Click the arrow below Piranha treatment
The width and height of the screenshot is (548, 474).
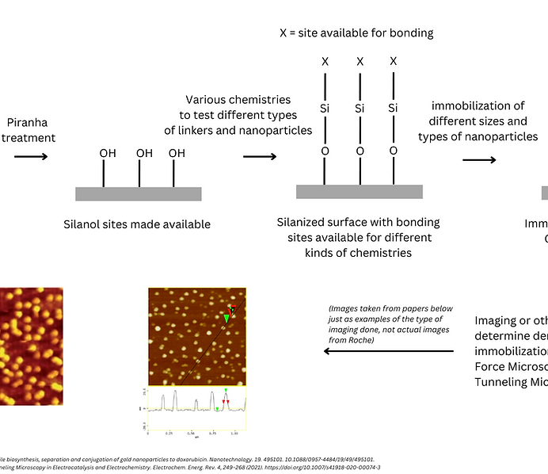point(31,156)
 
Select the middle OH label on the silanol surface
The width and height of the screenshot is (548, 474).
point(144,153)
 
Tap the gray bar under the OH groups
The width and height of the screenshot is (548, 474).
point(138,193)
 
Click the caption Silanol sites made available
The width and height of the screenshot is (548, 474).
point(137,224)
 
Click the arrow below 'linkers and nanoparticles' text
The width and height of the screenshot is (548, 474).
point(259,156)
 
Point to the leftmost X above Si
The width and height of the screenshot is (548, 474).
point(325,61)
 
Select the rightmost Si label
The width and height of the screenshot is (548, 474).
point(394,108)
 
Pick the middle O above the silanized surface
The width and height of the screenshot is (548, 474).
point(360,151)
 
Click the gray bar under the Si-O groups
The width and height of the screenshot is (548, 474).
point(359,191)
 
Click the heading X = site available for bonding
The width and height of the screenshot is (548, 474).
point(356,33)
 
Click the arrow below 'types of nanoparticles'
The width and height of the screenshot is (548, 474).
point(479,160)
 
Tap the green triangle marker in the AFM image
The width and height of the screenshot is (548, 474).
point(226,319)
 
